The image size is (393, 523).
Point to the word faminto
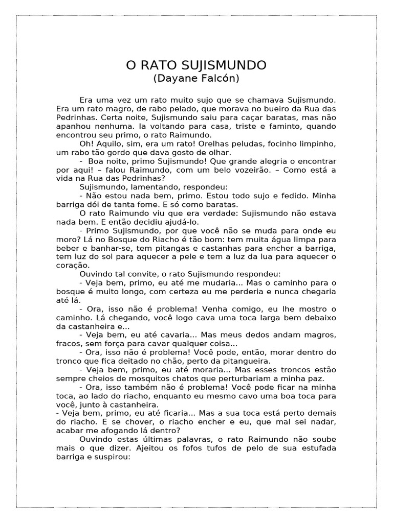coord(288,126)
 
